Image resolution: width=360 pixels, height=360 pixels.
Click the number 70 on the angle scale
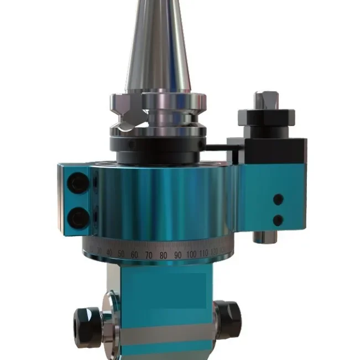click(x=148, y=256)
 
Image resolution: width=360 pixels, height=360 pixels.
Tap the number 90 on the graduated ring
click(x=177, y=255)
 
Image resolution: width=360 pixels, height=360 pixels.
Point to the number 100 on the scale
click(x=192, y=255)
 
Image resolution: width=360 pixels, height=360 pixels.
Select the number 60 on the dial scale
click(x=134, y=255)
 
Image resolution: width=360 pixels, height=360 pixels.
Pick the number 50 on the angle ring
click(x=121, y=254)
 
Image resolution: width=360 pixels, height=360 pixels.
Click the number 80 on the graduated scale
click(x=163, y=256)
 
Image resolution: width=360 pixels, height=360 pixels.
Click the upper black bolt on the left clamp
click(x=78, y=182)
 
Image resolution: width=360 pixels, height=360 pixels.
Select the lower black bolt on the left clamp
click(x=78, y=218)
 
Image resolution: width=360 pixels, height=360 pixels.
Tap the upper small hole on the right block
click(x=278, y=198)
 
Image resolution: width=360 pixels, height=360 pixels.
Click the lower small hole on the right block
click(x=278, y=220)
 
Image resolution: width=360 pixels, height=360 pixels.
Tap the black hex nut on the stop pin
click(x=266, y=118)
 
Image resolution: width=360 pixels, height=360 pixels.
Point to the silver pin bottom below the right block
click(x=263, y=236)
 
